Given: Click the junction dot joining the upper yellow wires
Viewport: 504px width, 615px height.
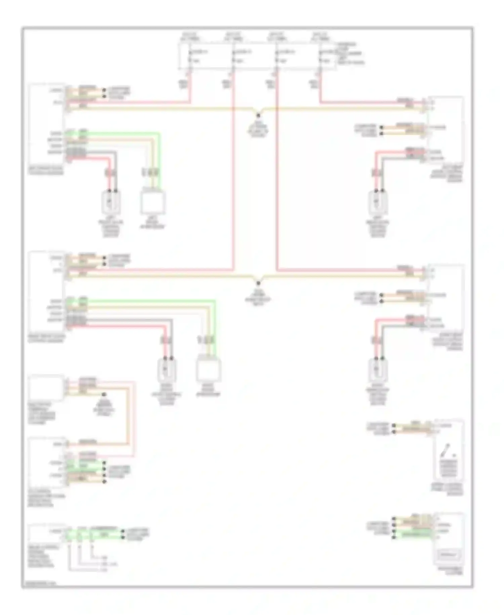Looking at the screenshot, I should click(x=258, y=114).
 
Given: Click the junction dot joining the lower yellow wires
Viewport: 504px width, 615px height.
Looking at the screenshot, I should click(x=258, y=282).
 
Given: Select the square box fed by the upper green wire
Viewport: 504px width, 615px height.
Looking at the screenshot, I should click(x=153, y=203).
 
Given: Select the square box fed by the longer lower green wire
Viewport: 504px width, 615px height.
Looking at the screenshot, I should click(x=208, y=370).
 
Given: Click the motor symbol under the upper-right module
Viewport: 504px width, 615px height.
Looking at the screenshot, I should click(x=377, y=202).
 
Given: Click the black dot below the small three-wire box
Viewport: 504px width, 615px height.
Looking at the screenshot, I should click(x=104, y=394).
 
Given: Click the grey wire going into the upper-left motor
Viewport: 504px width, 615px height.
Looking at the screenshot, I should click(x=116, y=168).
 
